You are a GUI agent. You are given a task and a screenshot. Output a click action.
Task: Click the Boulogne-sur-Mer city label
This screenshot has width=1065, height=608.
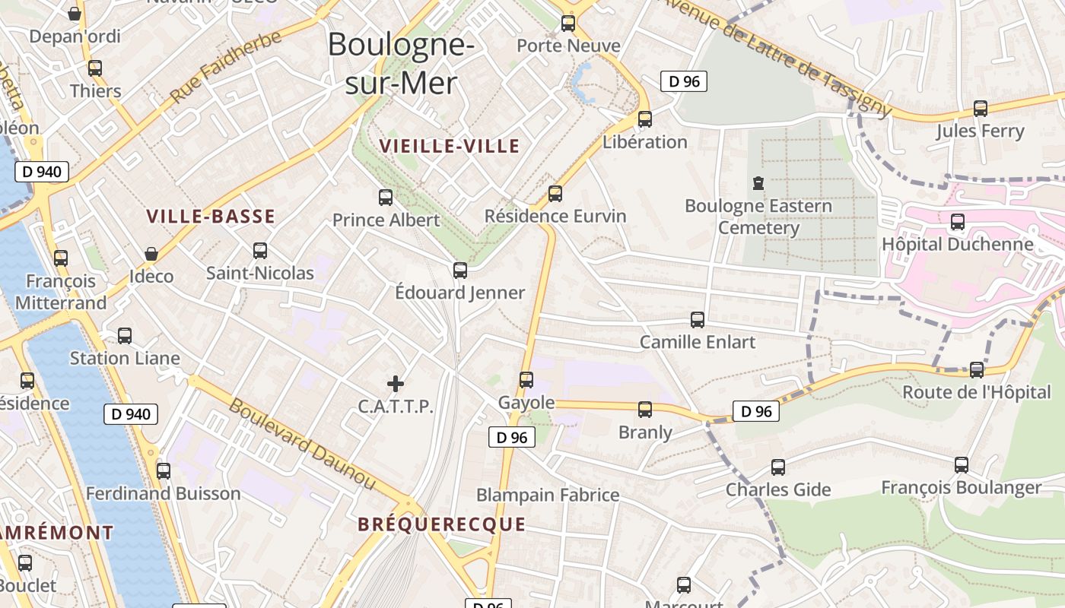point(401,63)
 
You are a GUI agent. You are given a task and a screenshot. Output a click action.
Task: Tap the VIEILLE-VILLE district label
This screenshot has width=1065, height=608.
point(450,146)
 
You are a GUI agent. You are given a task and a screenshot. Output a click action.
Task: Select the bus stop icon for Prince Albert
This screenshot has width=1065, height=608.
point(386,198)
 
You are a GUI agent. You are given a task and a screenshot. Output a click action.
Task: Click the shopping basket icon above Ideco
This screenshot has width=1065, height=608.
point(151,254)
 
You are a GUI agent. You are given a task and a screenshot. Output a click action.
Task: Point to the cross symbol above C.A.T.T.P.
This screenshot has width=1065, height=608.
point(396,384)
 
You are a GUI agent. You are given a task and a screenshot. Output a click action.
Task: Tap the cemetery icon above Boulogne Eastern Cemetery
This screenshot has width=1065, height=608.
point(758,183)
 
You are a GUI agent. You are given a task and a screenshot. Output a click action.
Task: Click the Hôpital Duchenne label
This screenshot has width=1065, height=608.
point(957,244)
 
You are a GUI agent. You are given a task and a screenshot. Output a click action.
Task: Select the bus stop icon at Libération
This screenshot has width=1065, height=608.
point(645,119)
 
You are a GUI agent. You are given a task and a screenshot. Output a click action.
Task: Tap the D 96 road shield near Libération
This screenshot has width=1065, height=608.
point(684,81)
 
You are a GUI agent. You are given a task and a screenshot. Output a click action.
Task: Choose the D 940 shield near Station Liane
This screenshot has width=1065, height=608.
point(131,414)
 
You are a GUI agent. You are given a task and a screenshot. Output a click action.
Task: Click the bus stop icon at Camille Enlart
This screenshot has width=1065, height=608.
point(698,320)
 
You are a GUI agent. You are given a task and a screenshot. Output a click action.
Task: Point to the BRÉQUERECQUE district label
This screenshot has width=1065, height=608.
point(442,524)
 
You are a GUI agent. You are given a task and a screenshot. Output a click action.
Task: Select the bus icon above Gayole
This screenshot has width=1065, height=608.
point(526,380)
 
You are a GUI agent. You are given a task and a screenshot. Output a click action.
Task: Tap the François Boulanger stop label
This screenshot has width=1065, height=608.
point(961,487)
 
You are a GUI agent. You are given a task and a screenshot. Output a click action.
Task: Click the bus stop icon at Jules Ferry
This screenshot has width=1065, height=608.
point(981,109)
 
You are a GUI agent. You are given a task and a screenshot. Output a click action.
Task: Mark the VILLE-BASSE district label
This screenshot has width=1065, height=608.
point(211,217)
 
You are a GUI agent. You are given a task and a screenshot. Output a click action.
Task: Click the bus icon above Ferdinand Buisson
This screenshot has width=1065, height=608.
point(164,471)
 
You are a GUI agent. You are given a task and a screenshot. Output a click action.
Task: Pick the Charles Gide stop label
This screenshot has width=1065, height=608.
point(778,489)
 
